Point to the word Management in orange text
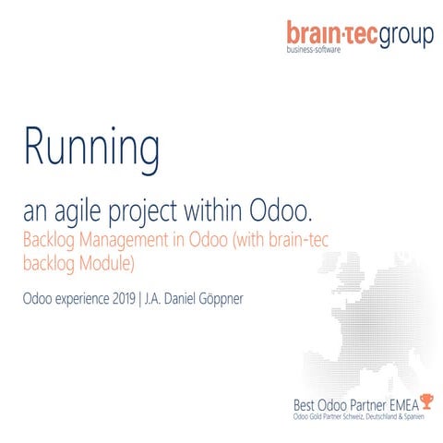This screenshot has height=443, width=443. [134, 241]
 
